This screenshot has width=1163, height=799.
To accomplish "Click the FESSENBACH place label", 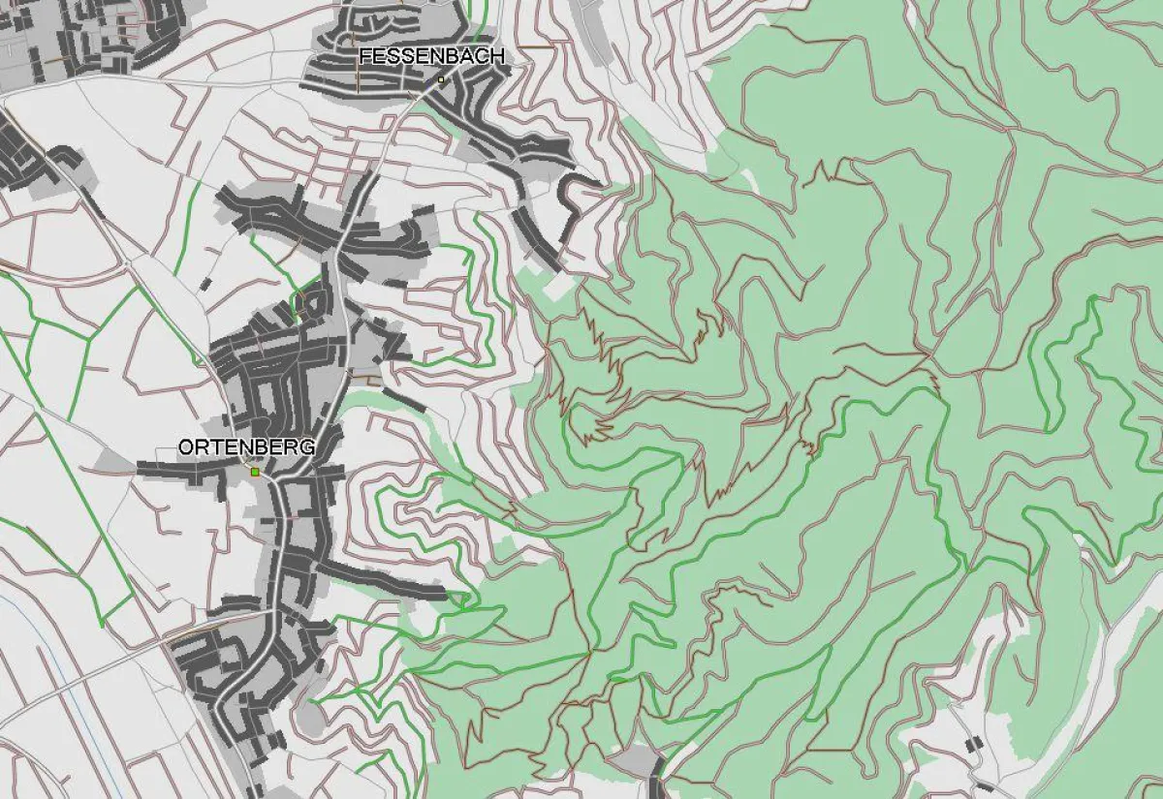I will point(431,57).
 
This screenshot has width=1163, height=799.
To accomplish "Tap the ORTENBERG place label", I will point(246,447).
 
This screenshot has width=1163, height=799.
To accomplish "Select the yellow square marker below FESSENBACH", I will point(441,79).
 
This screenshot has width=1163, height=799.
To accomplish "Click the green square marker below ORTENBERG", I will point(255,472).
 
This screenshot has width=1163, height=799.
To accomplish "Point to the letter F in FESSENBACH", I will point(364,57).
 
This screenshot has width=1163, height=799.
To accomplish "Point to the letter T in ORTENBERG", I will point(215,447).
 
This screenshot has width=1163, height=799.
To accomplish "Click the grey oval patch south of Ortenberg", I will point(309,718).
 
